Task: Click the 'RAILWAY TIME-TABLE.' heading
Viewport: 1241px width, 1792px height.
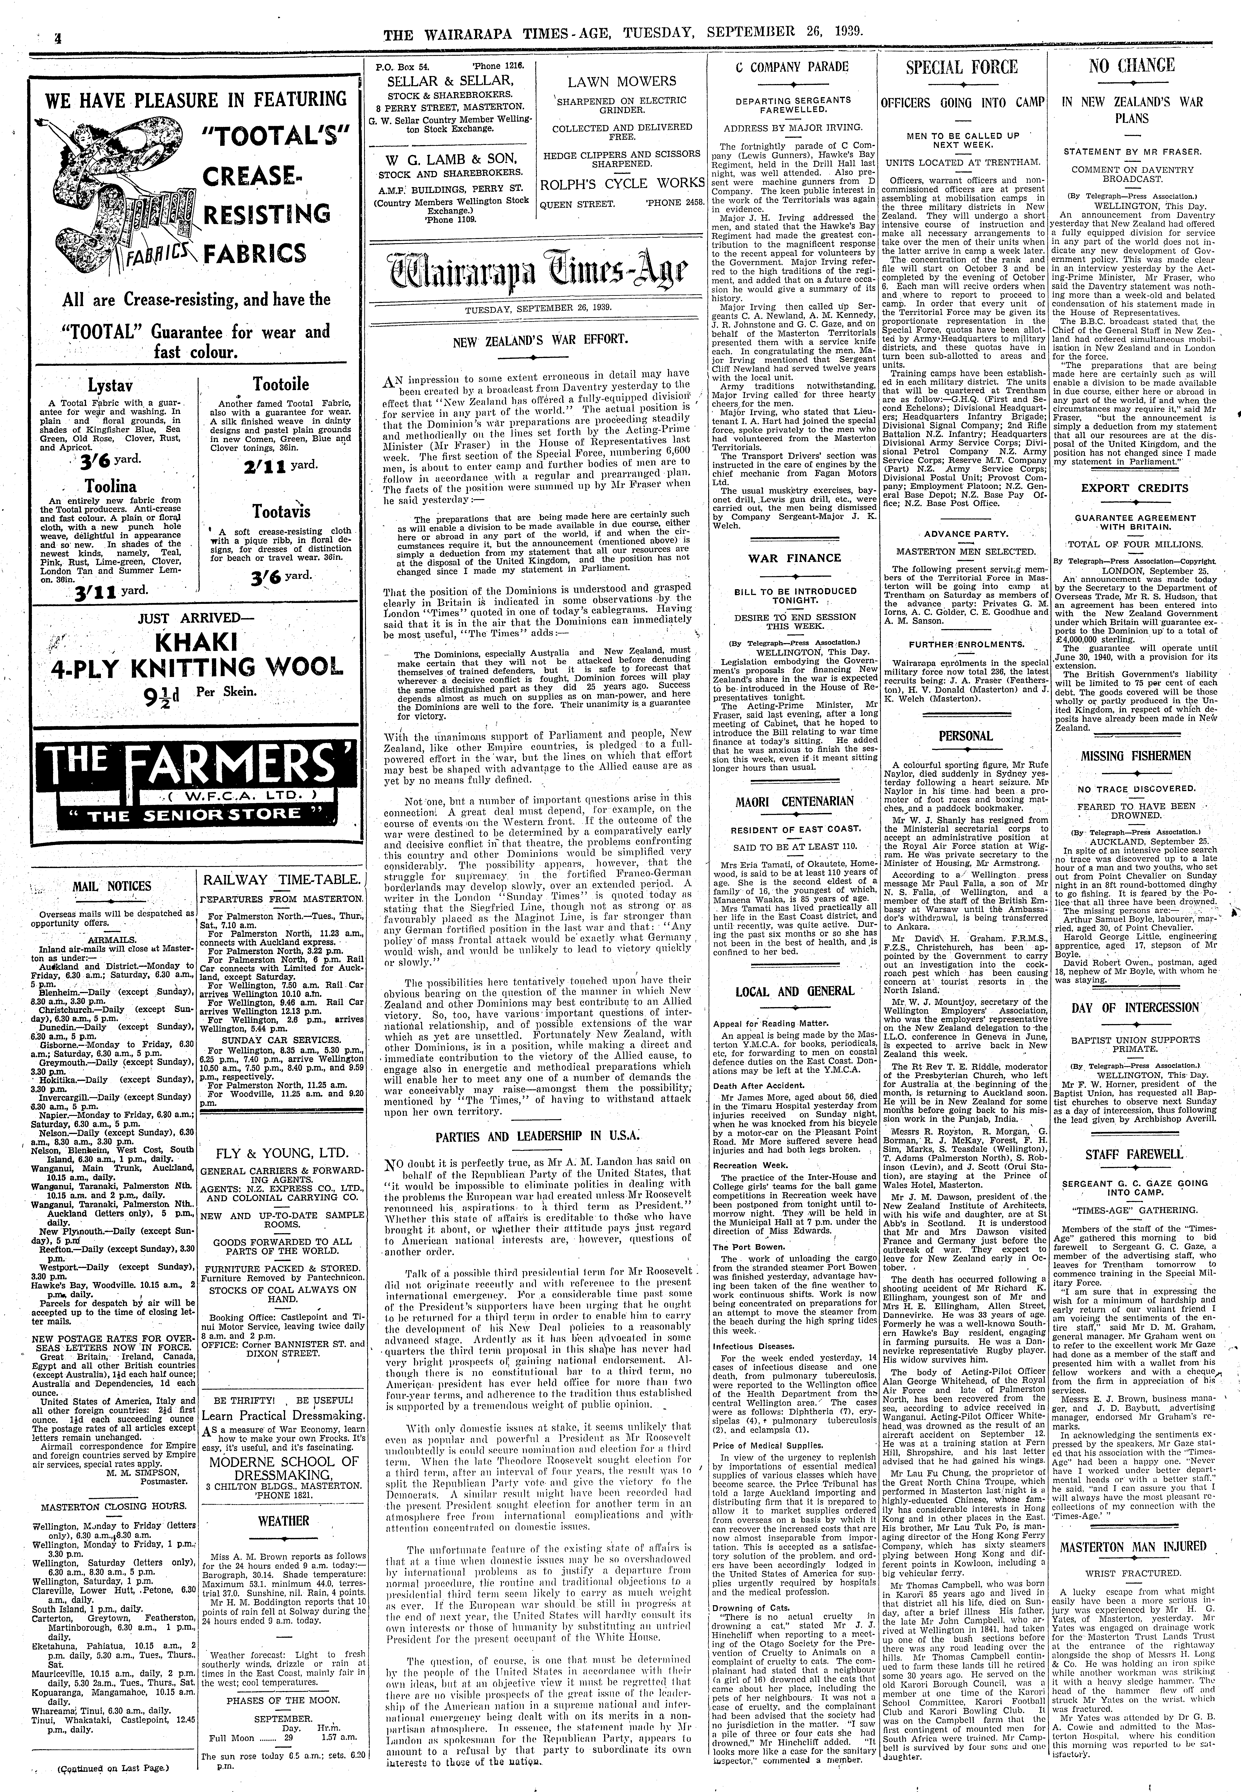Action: click(x=281, y=880)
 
